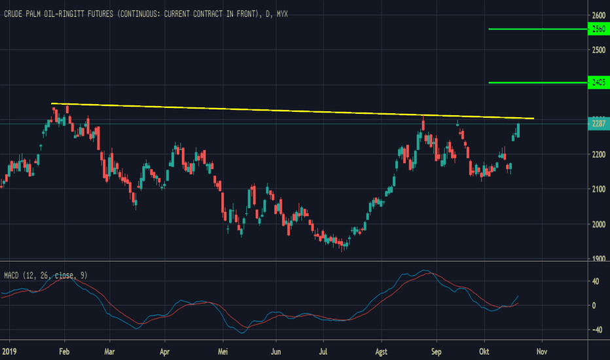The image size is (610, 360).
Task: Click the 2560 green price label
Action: click(x=598, y=29)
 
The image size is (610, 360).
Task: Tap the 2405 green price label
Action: click(x=598, y=83)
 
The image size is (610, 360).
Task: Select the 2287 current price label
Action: click(x=598, y=124)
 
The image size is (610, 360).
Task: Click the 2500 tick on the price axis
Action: click(x=598, y=50)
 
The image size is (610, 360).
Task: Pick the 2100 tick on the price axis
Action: click(x=598, y=190)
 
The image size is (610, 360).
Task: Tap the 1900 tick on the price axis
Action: click(x=598, y=259)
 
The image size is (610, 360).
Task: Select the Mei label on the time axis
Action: click(x=223, y=350)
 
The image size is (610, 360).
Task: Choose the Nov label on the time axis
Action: click(x=541, y=350)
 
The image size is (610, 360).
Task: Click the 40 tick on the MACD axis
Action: click(x=596, y=281)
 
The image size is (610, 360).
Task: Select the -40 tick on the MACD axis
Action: click(x=596, y=330)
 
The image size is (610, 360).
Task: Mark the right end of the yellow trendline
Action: click(x=533, y=118)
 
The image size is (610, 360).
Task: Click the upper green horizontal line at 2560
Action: click(x=537, y=29)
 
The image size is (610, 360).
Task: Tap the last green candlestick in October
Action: click(x=518, y=130)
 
